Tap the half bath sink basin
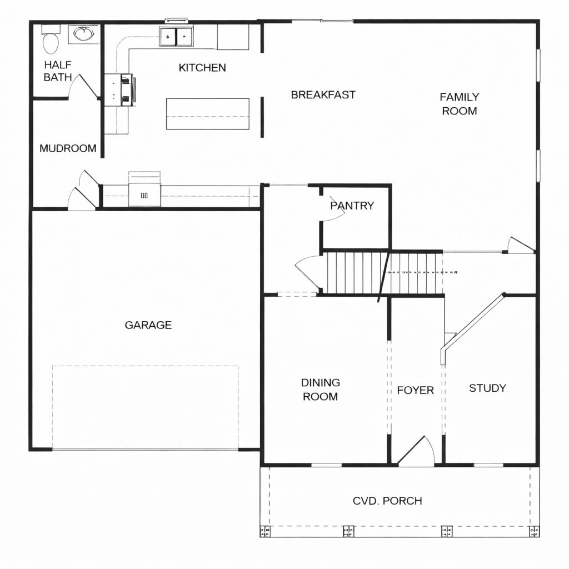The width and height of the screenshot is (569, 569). [x=84, y=34]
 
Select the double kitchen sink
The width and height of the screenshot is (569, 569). [x=176, y=36]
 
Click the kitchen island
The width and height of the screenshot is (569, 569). [x=208, y=113]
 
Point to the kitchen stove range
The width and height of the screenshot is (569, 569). [x=120, y=89]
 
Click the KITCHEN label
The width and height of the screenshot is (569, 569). [x=202, y=67]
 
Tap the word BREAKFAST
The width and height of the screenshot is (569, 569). [x=323, y=94]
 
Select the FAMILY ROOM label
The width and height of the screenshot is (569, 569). [x=460, y=104]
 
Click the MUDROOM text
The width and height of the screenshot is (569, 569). [x=68, y=148]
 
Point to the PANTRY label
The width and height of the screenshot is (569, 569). [x=352, y=206]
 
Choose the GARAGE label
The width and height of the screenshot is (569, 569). [x=148, y=325]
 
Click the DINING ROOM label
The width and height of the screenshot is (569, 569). [x=321, y=390]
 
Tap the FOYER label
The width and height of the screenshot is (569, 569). [x=416, y=390]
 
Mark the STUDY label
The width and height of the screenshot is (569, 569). [x=487, y=388]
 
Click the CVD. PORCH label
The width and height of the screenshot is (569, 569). [x=387, y=501]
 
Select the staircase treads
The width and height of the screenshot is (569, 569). [x=385, y=273]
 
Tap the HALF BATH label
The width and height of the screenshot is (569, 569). [x=58, y=71]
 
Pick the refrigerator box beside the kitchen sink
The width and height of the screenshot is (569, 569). [x=233, y=37]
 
